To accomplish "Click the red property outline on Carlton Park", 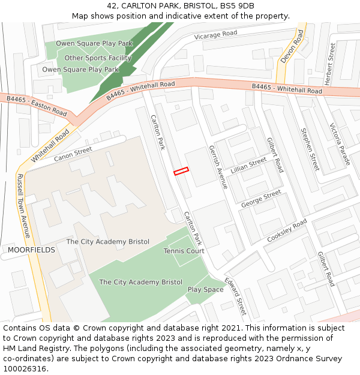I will point(181,171).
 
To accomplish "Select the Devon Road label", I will point(292,47).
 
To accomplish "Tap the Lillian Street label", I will point(248,164).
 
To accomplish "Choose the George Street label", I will point(261,199).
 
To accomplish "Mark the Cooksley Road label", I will point(287,230).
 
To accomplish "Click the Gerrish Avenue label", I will point(218,167).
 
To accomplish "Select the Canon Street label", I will point(73,154).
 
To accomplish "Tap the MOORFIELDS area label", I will point(31,250).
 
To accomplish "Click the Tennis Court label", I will point(184,251).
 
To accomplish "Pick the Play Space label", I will point(205,289).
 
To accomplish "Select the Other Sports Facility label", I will point(98,58).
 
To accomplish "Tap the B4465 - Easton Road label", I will point(37,106).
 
